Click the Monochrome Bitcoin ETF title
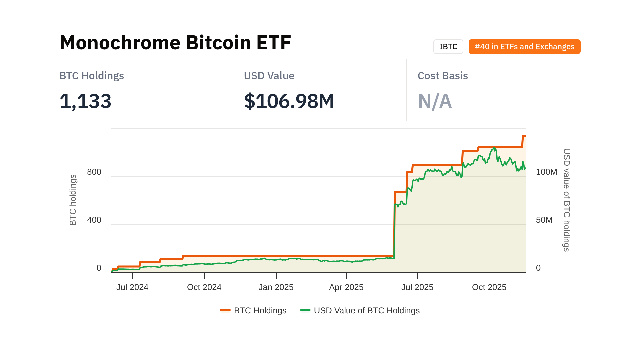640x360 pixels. point(175,43)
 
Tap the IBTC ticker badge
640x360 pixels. point(448,47)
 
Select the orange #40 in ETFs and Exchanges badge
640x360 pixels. point(524,47)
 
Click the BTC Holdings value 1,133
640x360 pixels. point(85,101)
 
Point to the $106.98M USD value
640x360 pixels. point(289,101)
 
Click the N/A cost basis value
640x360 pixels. point(435,101)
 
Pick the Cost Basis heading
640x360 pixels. point(442,76)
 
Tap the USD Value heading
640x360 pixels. point(269,76)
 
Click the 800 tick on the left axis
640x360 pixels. point(94,172)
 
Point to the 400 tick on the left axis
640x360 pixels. point(94,220)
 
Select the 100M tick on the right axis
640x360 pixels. point(546,172)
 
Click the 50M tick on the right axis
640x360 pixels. point(544,220)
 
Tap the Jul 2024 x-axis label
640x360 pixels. point(132,287)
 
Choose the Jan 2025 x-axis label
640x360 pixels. point(276,287)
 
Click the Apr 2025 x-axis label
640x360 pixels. point(346,287)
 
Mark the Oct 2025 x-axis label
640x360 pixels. point(489,287)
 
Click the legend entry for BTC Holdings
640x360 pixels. point(253,311)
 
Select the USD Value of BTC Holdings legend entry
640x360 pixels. point(360,311)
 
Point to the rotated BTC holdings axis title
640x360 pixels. point(73,200)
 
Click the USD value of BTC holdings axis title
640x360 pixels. point(566,200)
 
